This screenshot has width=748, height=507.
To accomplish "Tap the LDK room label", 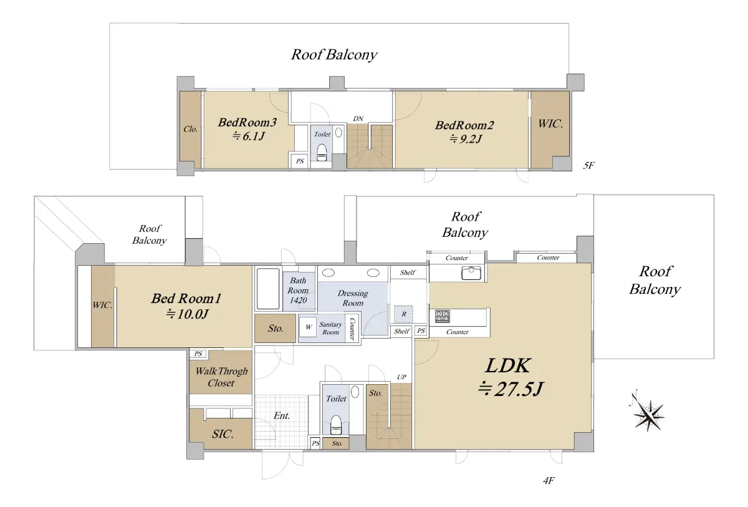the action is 507,365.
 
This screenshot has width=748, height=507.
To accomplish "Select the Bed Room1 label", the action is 186,298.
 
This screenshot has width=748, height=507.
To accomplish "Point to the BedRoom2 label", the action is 464,125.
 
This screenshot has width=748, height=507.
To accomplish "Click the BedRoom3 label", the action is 247,123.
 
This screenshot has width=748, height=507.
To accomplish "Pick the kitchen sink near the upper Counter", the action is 471,273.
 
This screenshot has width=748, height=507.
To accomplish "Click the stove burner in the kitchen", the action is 443,316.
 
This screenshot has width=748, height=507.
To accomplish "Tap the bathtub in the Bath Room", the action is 268,289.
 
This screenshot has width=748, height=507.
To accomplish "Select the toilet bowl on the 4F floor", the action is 335,425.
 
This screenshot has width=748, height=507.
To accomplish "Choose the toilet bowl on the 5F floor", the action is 322,152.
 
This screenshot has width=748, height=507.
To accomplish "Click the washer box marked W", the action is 307,327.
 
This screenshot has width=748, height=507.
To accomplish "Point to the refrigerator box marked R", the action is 403,314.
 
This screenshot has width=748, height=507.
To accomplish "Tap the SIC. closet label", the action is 223,434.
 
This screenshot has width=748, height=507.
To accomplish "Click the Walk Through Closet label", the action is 221,377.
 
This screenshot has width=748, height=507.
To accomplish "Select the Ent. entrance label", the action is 282,416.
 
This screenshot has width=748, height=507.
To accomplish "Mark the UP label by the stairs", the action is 401,377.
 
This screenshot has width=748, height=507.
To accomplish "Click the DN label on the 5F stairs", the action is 358,118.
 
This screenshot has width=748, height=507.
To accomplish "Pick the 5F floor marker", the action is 588,165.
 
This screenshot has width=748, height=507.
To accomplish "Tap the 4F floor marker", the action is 549,481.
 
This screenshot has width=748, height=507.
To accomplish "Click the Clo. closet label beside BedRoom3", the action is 190,129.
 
